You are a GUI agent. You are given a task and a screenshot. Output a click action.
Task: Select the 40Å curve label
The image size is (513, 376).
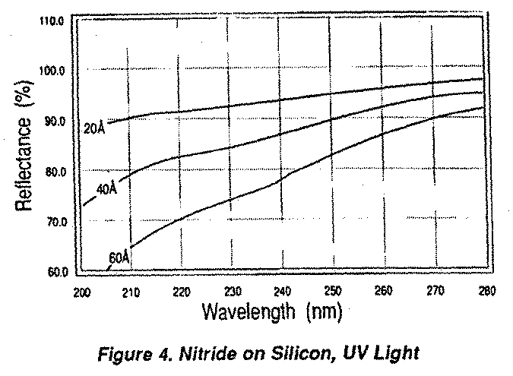(x=107, y=188)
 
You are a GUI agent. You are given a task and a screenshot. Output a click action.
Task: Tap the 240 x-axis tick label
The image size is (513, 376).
(x=283, y=292)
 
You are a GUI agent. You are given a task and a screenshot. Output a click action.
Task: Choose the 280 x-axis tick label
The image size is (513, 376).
(x=485, y=292)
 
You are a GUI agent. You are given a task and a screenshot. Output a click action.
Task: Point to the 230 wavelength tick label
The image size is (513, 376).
(x=233, y=292)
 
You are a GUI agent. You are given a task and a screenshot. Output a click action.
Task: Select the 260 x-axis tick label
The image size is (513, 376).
(x=385, y=292)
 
